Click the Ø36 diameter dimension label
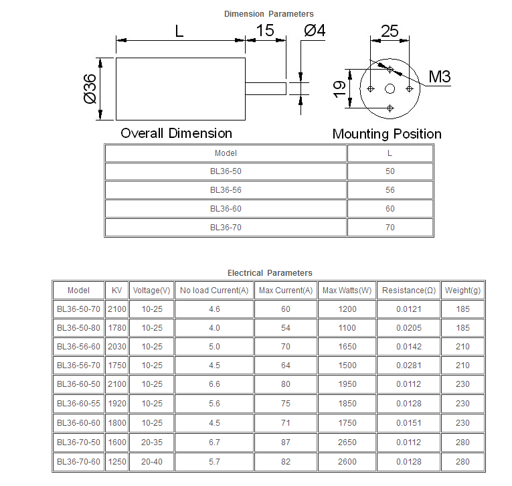(x=90, y=89)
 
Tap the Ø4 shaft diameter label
(x=315, y=30)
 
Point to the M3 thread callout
(x=440, y=77)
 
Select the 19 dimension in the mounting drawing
(x=339, y=89)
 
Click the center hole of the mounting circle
(x=390, y=89)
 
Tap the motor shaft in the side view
(x=266, y=88)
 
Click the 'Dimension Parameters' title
(x=269, y=14)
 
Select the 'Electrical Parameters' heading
(x=270, y=273)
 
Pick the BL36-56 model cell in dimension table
(x=226, y=190)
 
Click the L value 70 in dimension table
(x=390, y=228)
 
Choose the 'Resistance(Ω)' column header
(x=409, y=291)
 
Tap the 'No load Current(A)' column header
(x=214, y=291)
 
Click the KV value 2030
(x=117, y=347)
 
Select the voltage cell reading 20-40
(x=152, y=461)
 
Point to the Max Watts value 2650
(x=347, y=442)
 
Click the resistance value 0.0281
(x=409, y=365)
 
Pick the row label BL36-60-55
(x=78, y=404)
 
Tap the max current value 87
(x=286, y=442)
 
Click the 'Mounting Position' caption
(x=387, y=134)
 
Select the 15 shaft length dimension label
(x=265, y=30)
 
